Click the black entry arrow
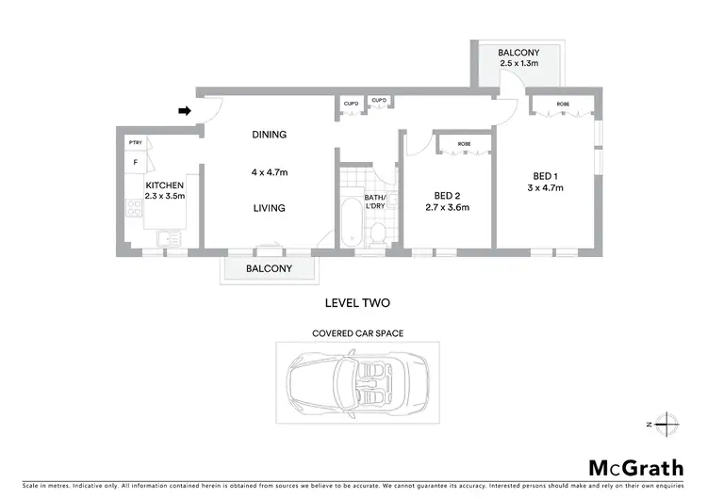coord(186,110)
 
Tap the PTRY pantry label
coord(135,142)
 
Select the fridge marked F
coord(135,162)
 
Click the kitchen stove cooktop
coord(134,210)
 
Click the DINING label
coord(269,135)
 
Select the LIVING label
coord(269,208)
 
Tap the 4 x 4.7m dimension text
coord(269,172)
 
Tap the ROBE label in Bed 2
coord(464,144)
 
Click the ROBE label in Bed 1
coord(562,104)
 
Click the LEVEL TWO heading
coord(356,302)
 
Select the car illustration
coord(353,386)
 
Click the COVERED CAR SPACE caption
coord(353,333)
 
